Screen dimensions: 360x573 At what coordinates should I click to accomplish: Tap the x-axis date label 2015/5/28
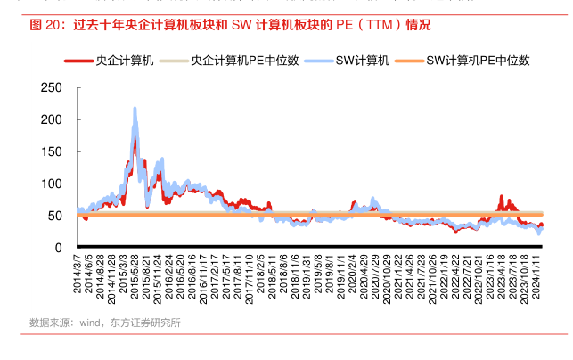pos(134,278)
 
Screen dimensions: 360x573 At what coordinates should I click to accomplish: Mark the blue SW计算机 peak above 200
pos(135,110)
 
